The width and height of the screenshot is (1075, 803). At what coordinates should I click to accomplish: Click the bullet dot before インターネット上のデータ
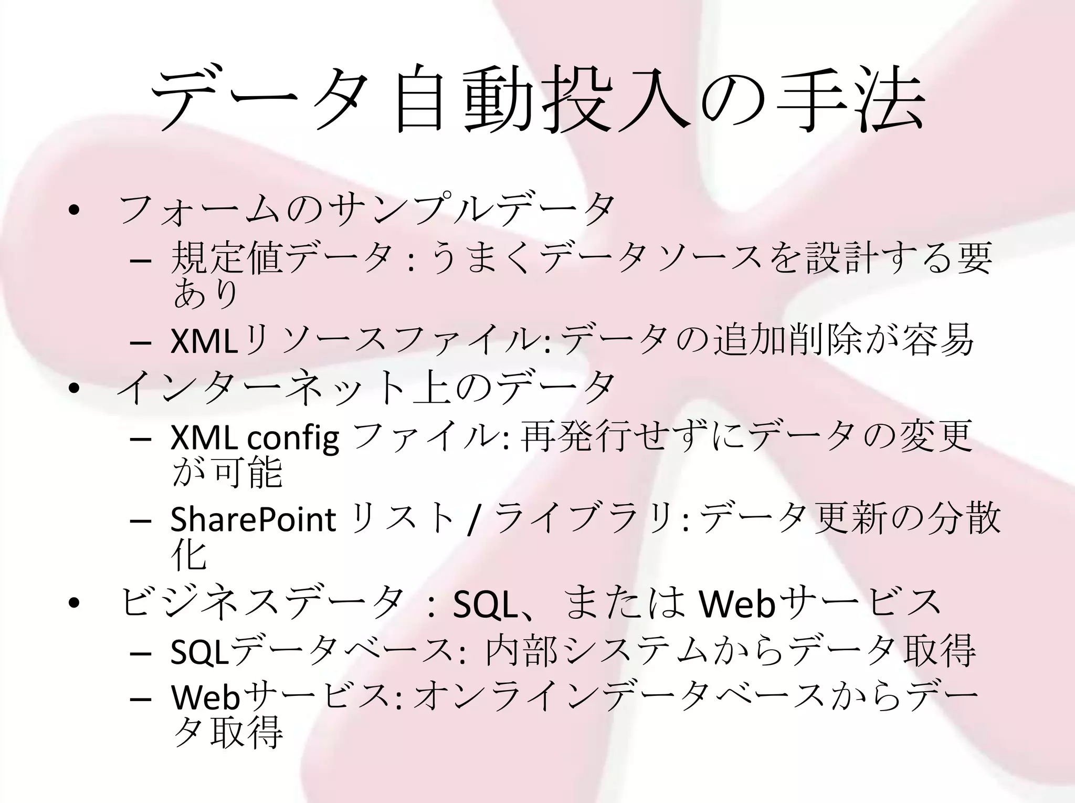[74, 389]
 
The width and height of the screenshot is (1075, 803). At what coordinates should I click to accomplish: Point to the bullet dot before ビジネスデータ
[74, 604]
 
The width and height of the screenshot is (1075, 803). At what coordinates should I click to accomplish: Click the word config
[292, 438]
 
